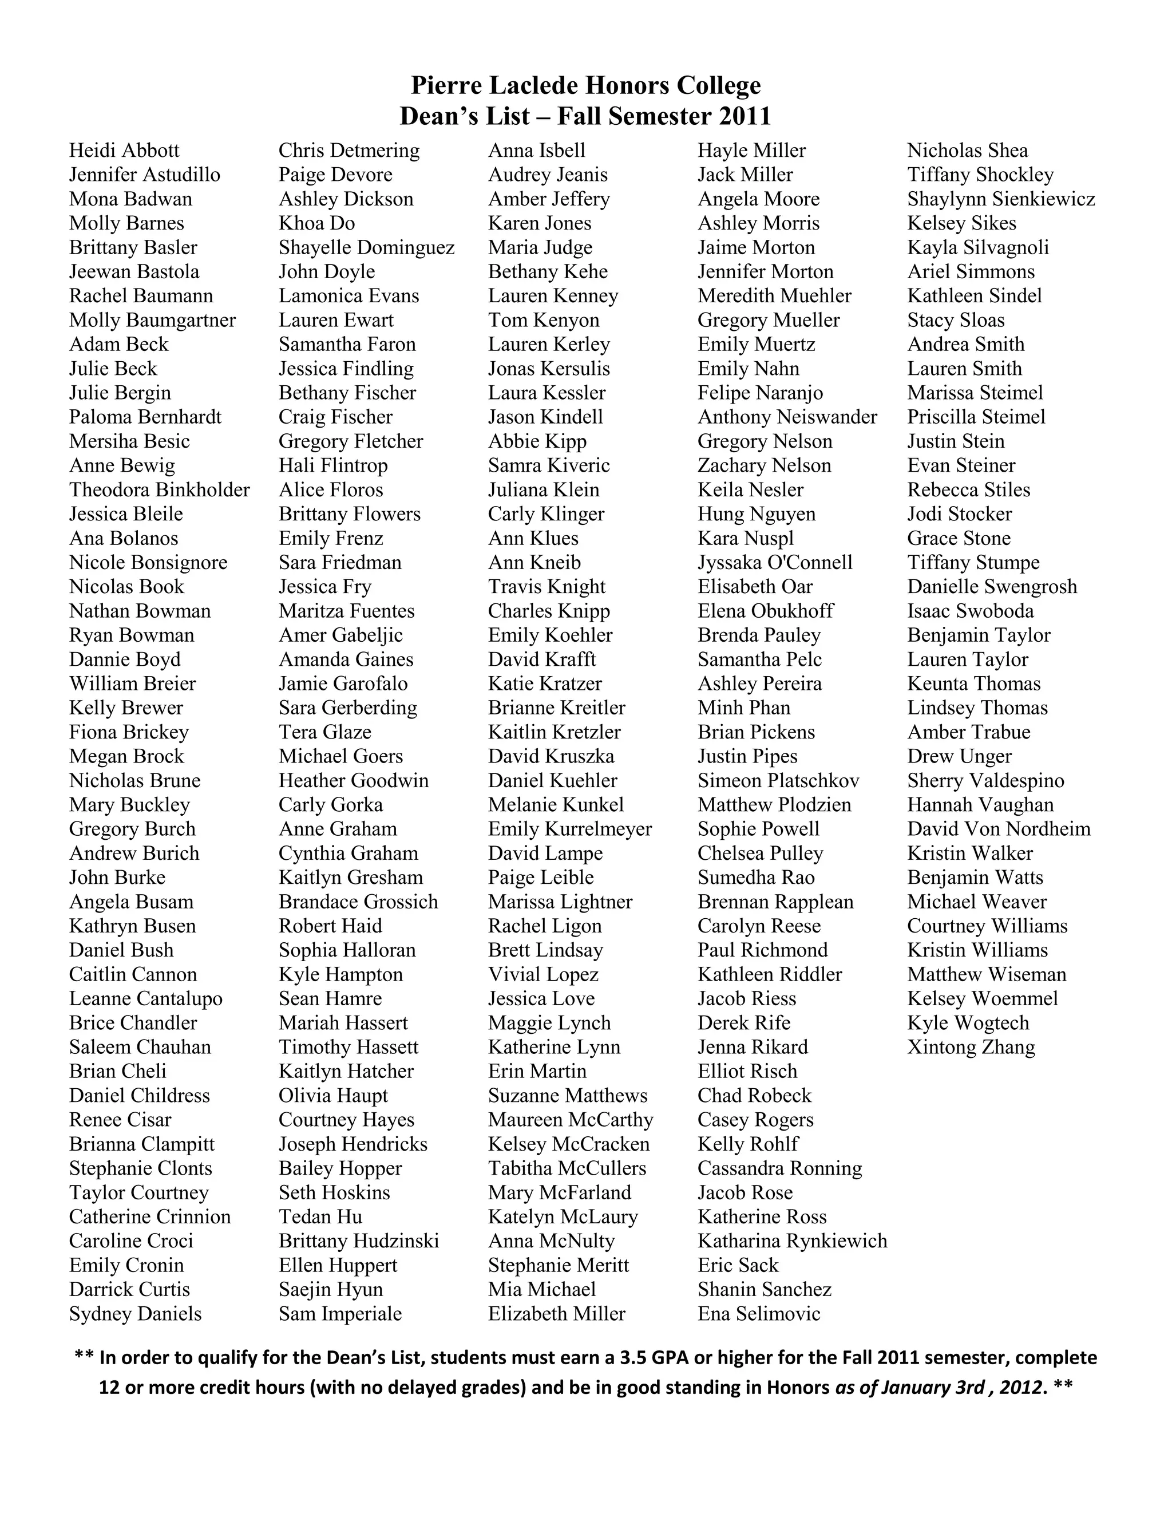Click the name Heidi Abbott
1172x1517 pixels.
(x=124, y=151)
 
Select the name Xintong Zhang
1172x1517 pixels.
(x=971, y=1047)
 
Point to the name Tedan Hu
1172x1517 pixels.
(x=320, y=1216)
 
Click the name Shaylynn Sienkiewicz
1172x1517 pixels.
(x=1000, y=199)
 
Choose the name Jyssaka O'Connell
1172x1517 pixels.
(x=775, y=563)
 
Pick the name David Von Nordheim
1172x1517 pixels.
(x=999, y=829)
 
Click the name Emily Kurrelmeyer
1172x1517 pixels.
(x=570, y=829)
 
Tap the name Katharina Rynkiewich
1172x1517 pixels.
(x=792, y=1241)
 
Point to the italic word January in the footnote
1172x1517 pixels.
(x=902, y=1387)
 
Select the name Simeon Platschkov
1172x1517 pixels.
(x=778, y=780)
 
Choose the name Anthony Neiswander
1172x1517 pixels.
(x=787, y=417)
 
